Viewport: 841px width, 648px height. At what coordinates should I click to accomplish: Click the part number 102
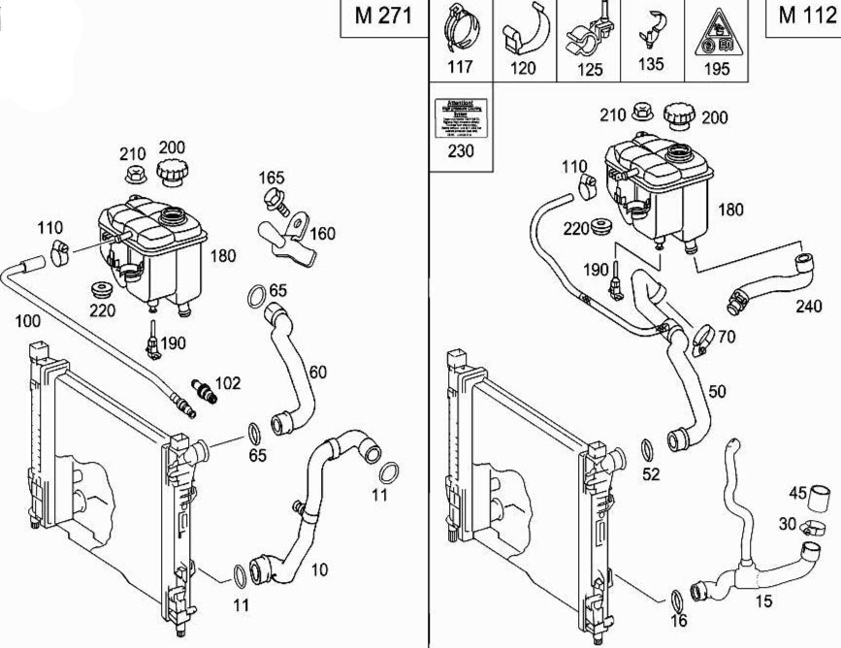pyautogui.click(x=227, y=383)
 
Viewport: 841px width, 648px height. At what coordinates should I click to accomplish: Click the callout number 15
pyautogui.click(x=763, y=602)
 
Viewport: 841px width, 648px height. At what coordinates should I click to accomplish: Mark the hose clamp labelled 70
pyautogui.click(x=705, y=340)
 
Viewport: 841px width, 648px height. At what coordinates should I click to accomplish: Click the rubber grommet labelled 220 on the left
pyautogui.click(x=99, y=290)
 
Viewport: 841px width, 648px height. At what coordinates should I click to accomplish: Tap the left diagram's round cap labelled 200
pyautogui.click(x=172, y=174)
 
